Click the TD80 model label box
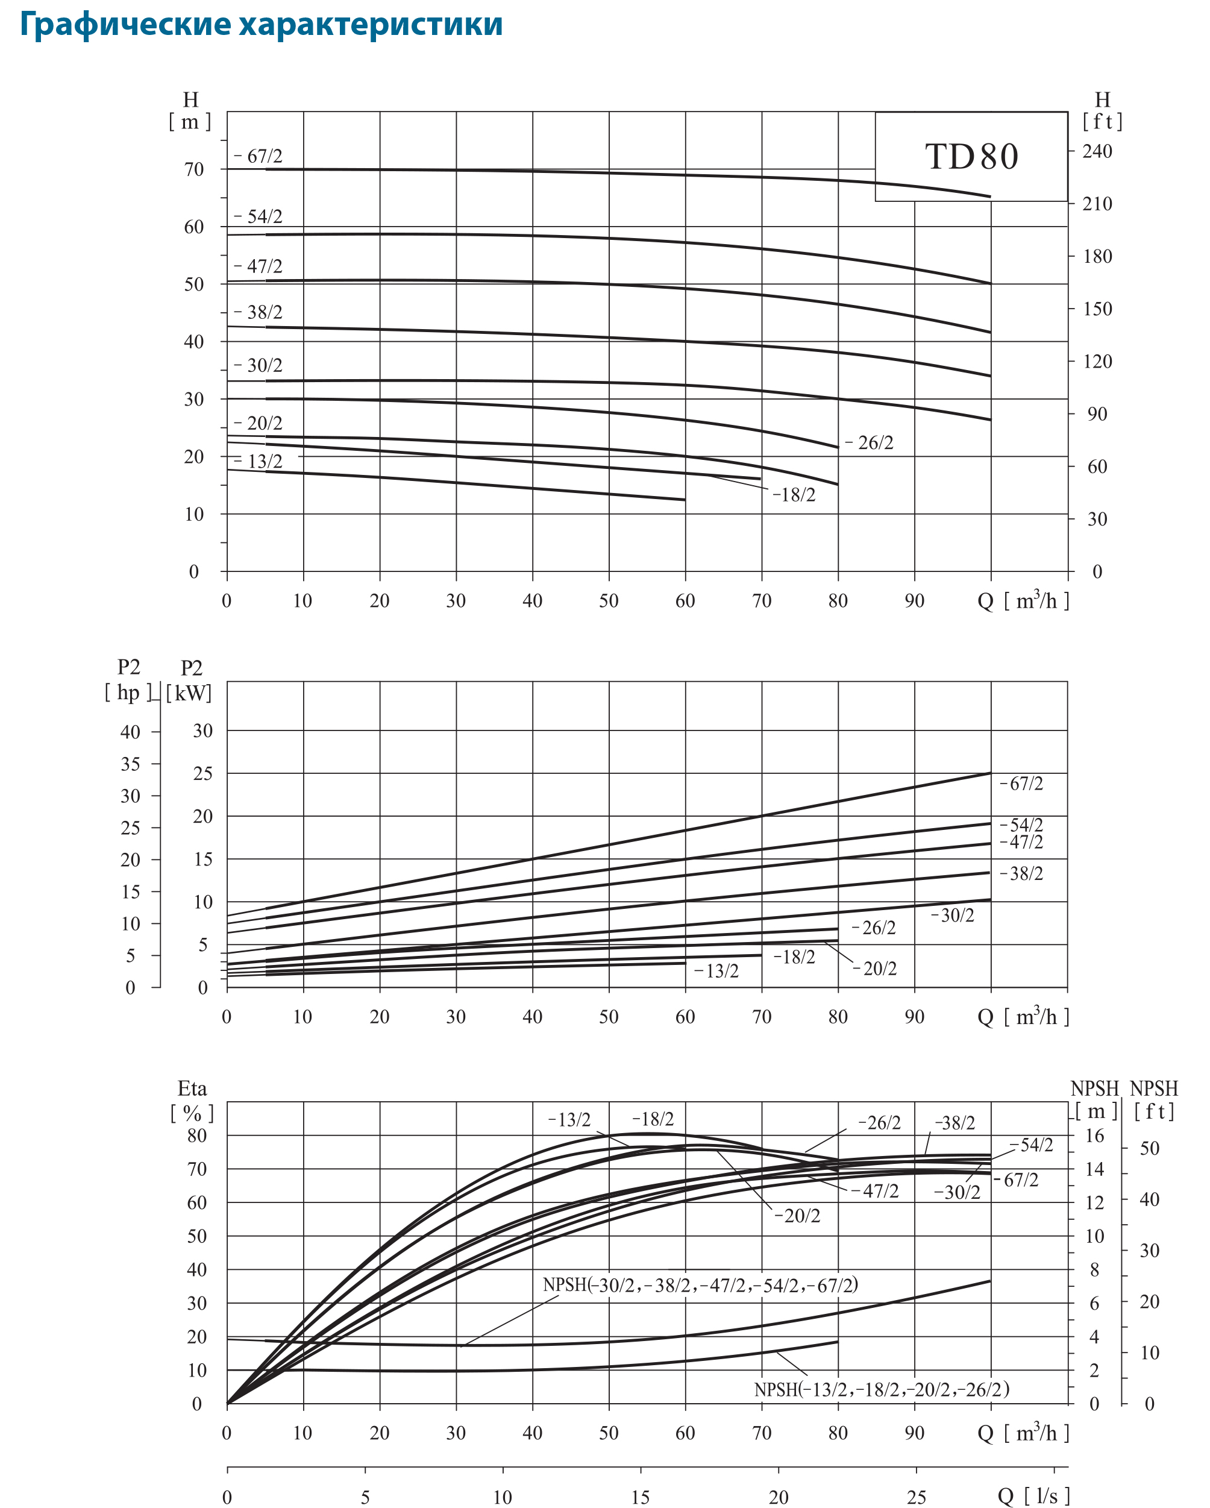[x=971, y=156]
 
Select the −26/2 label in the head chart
[x=870, y=443]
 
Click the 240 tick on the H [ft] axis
[x=1097, y=151]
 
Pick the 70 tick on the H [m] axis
[x=194, y=169]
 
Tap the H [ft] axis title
[x=1102, y=110]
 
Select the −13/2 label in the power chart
[x=717, y=971]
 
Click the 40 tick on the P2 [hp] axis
[x=130, y=732]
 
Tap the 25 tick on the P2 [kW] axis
[x=203, y=773]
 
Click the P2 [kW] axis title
[x=190, y=680]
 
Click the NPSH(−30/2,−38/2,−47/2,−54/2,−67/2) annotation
[x=700, y=1285]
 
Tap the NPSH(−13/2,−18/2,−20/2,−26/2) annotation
[x=881, y=1389]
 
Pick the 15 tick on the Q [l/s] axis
[x=641, y=1498]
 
